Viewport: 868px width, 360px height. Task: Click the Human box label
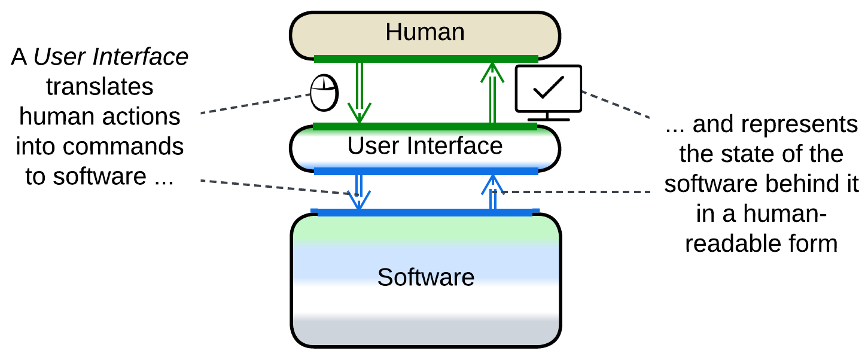425,32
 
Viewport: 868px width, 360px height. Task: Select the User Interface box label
425,146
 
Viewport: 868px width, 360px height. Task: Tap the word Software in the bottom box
426,277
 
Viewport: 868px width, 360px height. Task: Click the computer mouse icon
324,93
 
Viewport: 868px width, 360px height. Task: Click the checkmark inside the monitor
549,87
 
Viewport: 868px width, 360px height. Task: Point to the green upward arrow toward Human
492,92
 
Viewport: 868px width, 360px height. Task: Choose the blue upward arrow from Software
492,191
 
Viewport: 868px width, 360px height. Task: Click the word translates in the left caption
100,87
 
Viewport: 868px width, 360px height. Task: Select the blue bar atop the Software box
425,212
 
